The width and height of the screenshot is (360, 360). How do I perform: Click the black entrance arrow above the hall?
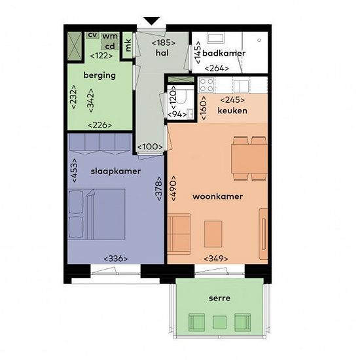151,21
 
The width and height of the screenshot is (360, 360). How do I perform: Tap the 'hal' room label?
162,53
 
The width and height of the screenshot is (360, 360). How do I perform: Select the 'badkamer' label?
224,53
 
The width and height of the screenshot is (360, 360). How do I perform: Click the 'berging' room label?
99,75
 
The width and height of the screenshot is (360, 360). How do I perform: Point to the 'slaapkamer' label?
116,171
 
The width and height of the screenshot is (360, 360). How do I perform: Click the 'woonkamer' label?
218,196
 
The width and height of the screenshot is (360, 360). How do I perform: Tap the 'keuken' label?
232,111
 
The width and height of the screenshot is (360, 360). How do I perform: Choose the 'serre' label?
219,298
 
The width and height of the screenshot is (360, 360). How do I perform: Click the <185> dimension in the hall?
164,43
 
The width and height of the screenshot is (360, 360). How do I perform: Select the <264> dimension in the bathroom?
217,69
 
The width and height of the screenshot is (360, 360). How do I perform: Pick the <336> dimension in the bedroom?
116,259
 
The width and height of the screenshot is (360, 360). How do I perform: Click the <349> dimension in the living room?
216,259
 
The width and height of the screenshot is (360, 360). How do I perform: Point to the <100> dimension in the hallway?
150,147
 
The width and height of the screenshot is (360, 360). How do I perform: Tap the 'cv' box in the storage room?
92,35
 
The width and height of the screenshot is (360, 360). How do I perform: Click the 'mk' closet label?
128,45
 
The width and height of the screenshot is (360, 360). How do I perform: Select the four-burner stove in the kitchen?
207,85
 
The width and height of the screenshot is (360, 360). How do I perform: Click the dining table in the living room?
249,158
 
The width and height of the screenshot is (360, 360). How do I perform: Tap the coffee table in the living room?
213,234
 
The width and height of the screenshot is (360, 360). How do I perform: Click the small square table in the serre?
219,322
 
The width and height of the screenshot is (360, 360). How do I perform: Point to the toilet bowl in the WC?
181,96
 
